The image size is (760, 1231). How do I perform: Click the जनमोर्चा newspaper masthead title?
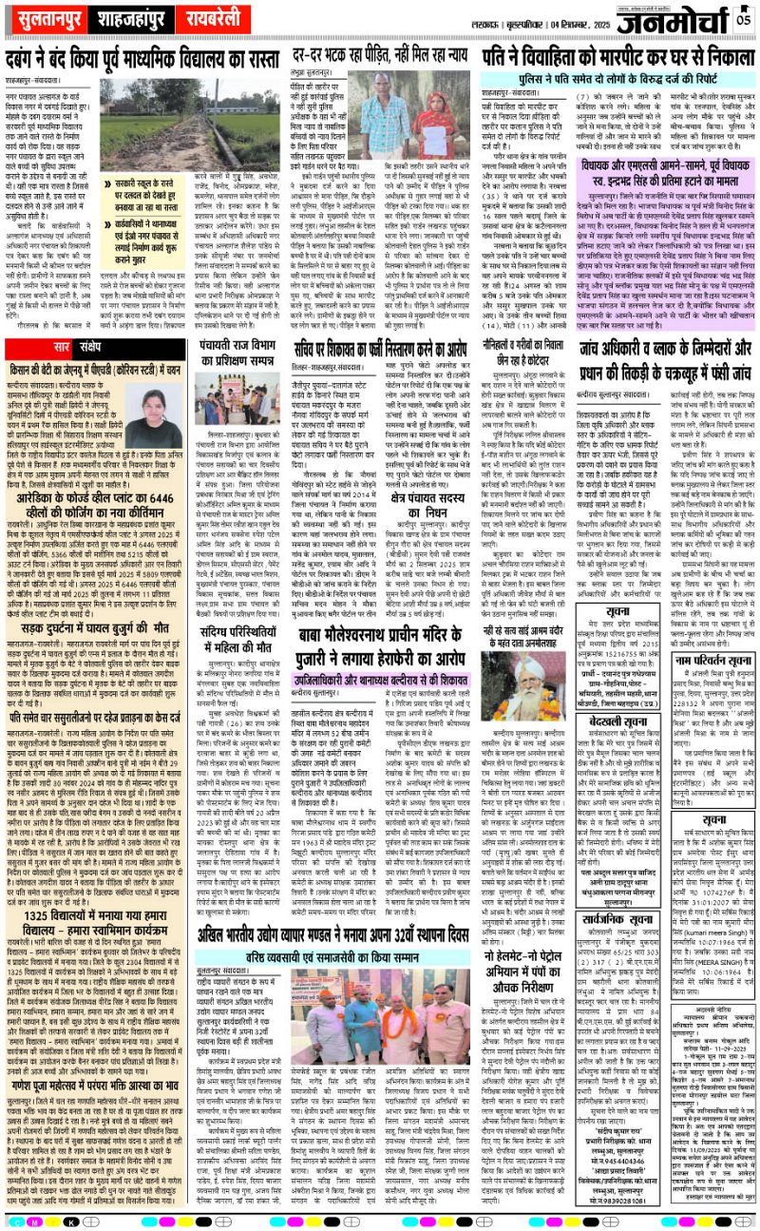pyautogui.click(x=666, y=18)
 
